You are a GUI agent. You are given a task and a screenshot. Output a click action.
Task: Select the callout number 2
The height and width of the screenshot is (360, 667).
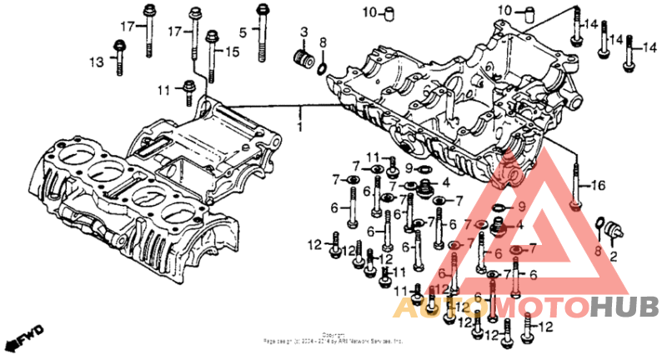(614, 257)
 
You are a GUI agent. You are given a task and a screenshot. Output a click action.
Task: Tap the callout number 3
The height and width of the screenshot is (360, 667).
(303, 32)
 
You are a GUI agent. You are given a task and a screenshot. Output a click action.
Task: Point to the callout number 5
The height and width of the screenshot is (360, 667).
(243, 32)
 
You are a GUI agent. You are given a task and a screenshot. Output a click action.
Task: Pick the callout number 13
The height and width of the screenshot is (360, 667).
(98, 61)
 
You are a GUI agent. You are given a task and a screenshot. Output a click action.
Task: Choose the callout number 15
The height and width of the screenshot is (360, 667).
(231, 52)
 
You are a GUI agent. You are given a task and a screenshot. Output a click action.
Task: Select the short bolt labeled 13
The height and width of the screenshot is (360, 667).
(119, 54)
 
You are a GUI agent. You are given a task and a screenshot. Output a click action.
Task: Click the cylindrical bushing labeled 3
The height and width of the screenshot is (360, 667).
(303, 61)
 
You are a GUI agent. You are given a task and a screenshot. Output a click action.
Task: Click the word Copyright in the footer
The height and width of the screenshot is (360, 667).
(333, 334)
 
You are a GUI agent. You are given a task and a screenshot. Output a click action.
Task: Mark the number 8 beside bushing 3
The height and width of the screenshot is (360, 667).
(323, 42)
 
